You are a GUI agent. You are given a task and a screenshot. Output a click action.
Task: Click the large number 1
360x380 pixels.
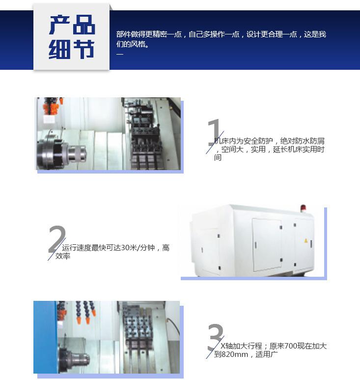(214, 132)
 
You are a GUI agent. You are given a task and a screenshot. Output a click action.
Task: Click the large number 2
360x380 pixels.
(57, 239)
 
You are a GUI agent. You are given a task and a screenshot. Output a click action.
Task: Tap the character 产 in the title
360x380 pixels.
(59, 25)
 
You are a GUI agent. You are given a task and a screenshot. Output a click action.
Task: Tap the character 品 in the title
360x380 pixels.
(83, 25)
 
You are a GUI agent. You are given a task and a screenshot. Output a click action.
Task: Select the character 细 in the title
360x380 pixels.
(59, 49)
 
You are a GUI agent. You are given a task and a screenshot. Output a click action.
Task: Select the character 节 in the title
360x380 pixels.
(83, 49)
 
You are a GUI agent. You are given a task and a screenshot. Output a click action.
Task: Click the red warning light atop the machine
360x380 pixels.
(303, 208)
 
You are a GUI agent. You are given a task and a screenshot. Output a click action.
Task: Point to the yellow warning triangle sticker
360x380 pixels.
(305, 241)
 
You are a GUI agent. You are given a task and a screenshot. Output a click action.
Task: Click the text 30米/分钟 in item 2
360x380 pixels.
(138, 248)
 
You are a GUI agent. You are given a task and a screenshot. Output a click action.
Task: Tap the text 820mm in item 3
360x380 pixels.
(235, 354)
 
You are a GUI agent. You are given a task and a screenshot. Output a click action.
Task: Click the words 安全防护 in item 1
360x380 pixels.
(258, 141)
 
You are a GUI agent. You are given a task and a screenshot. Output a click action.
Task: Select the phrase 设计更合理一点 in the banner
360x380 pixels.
(272, 34)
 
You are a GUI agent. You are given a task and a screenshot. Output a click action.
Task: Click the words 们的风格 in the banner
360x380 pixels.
(131, 44)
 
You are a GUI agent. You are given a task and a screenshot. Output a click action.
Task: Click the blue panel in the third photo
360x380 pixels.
(45, 337)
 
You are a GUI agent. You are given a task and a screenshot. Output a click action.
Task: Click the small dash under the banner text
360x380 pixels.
(120, 54)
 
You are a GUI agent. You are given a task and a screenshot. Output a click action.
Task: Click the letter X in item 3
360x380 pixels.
(223, 346)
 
